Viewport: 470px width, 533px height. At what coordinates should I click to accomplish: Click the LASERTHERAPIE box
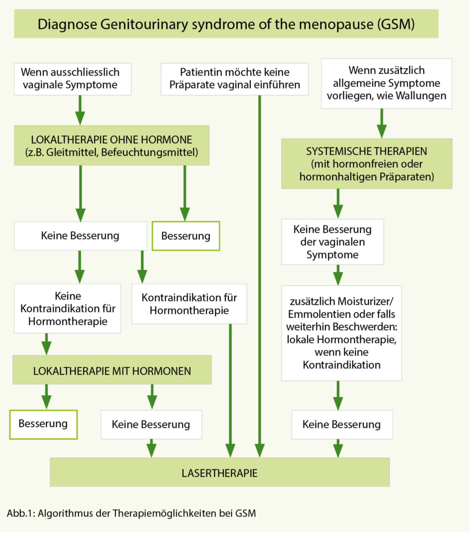tap(219, 472)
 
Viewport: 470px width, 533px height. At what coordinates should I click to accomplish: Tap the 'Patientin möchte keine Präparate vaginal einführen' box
tap(234, 79)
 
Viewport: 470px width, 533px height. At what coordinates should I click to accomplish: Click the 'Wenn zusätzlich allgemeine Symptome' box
tap(386, 83)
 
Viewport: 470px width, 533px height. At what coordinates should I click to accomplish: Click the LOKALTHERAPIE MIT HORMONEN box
tap(112, 371)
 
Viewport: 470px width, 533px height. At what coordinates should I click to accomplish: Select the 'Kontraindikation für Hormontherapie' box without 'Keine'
tap(189, 303)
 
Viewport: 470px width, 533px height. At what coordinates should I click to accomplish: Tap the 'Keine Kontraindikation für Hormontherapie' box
tap(68, 308)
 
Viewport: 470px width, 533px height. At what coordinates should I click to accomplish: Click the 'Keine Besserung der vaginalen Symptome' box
tap(333, 242)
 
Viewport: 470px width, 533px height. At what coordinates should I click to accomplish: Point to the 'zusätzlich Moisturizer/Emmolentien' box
tap(341, 333)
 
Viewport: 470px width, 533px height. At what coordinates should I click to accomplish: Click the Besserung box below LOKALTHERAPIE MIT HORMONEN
tap(43, 424)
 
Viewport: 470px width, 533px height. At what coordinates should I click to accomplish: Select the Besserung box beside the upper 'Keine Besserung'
tap(186, 236)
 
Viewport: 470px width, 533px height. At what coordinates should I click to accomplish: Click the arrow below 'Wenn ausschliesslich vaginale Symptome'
tap(80, 109)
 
